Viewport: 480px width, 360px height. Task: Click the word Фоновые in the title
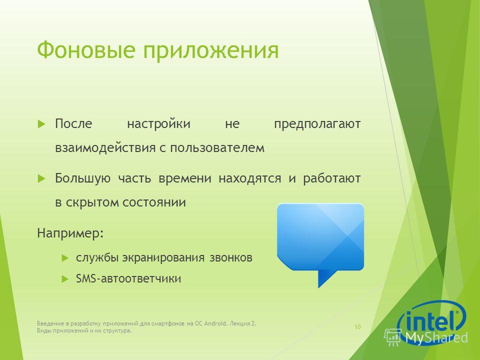(86, 50)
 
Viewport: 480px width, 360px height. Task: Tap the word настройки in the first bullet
(158, 124)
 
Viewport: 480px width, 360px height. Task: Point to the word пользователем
(217, 148)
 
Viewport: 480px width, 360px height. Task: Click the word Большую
(82, 178)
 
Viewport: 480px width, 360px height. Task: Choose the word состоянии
(154, 202)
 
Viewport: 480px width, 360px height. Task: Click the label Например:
(70, 234)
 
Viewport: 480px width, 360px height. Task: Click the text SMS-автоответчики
(128, 278)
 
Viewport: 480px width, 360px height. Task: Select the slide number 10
(357, 327)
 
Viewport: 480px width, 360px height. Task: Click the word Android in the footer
(215, 323)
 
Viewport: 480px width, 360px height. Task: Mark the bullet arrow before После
(41, 124)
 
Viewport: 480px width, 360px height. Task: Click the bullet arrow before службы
(65, 258)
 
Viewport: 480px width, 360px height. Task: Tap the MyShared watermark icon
(393, 337)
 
